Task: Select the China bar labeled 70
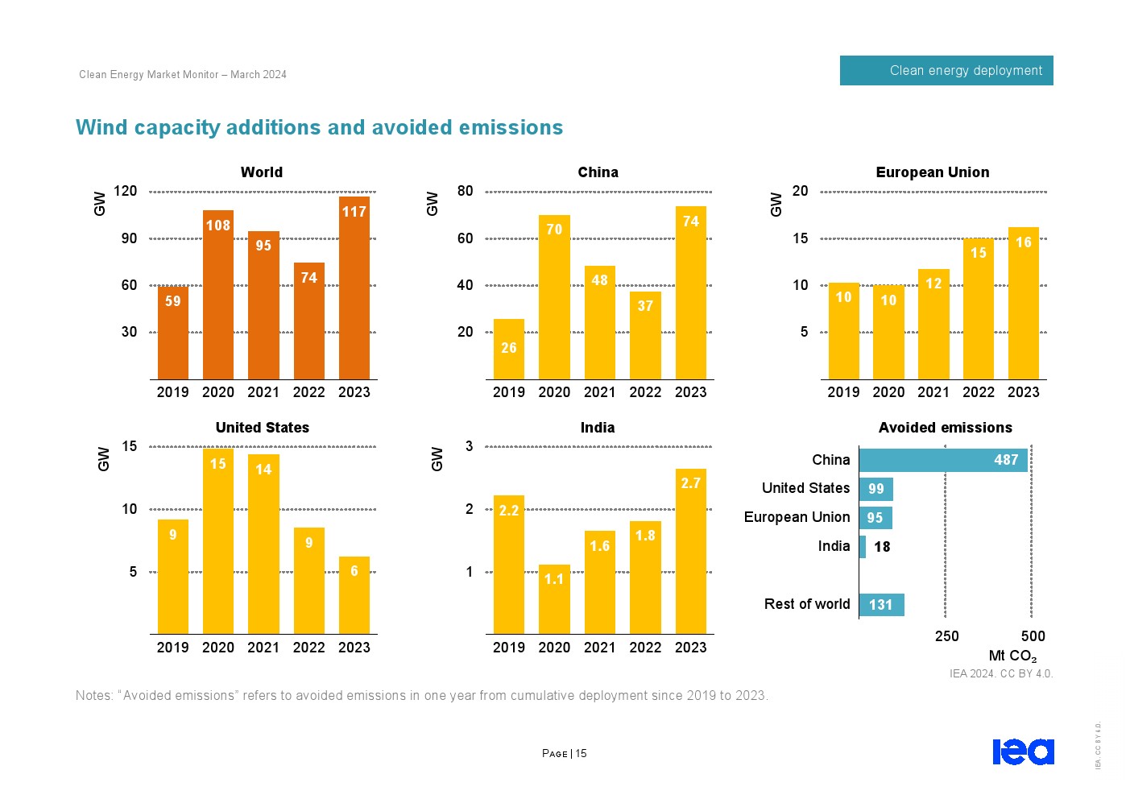554,297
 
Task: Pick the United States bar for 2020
218,540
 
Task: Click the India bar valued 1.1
554,599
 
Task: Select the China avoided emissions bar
943,460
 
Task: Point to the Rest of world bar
881,605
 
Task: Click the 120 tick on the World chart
126,192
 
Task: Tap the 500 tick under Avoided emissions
1033,636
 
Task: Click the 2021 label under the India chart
600,648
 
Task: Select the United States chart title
263,428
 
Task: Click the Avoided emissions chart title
945,428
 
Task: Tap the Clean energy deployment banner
946,71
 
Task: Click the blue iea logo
1023,751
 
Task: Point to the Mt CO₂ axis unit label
1012,656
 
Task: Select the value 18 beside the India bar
883,547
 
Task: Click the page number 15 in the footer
582,754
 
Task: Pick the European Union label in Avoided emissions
797,517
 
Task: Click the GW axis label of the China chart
433,204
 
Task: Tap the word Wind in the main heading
102,128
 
